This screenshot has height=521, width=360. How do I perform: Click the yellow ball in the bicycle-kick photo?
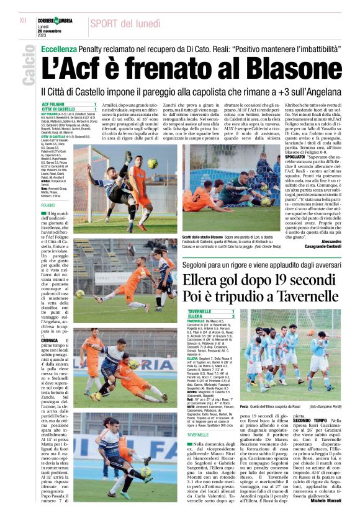coord(151,164)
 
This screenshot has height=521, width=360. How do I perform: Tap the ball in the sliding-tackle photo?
coord(81,293)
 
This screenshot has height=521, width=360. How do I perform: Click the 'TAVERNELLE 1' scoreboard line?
coord(210,311)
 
